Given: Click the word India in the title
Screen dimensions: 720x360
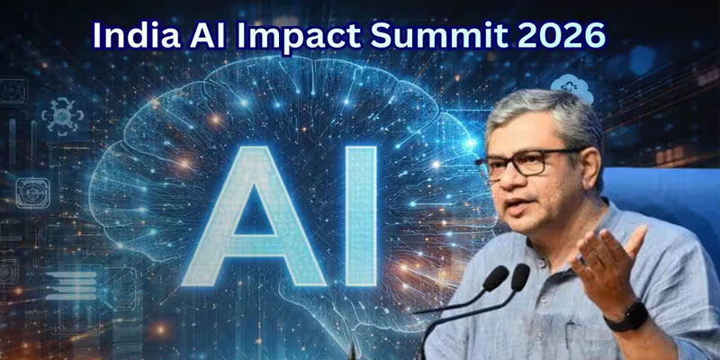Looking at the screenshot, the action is click(x=136, y=36).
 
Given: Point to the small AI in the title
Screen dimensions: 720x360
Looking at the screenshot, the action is click(x=208, y=36).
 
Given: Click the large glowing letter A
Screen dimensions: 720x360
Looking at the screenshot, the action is click(x=254, y=216).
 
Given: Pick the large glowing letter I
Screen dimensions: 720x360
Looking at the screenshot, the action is click(x=361, y=216).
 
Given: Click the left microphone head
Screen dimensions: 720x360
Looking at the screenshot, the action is click(x=496, y=278).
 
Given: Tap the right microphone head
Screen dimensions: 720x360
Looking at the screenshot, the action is click(x=520, y=277).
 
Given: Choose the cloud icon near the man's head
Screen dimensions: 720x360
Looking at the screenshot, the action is click(x=571, y=88).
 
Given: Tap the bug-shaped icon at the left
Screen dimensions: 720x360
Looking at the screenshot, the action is click(x=62, y=116).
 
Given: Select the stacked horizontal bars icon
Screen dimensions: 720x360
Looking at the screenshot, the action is click(x=71, y=285).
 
